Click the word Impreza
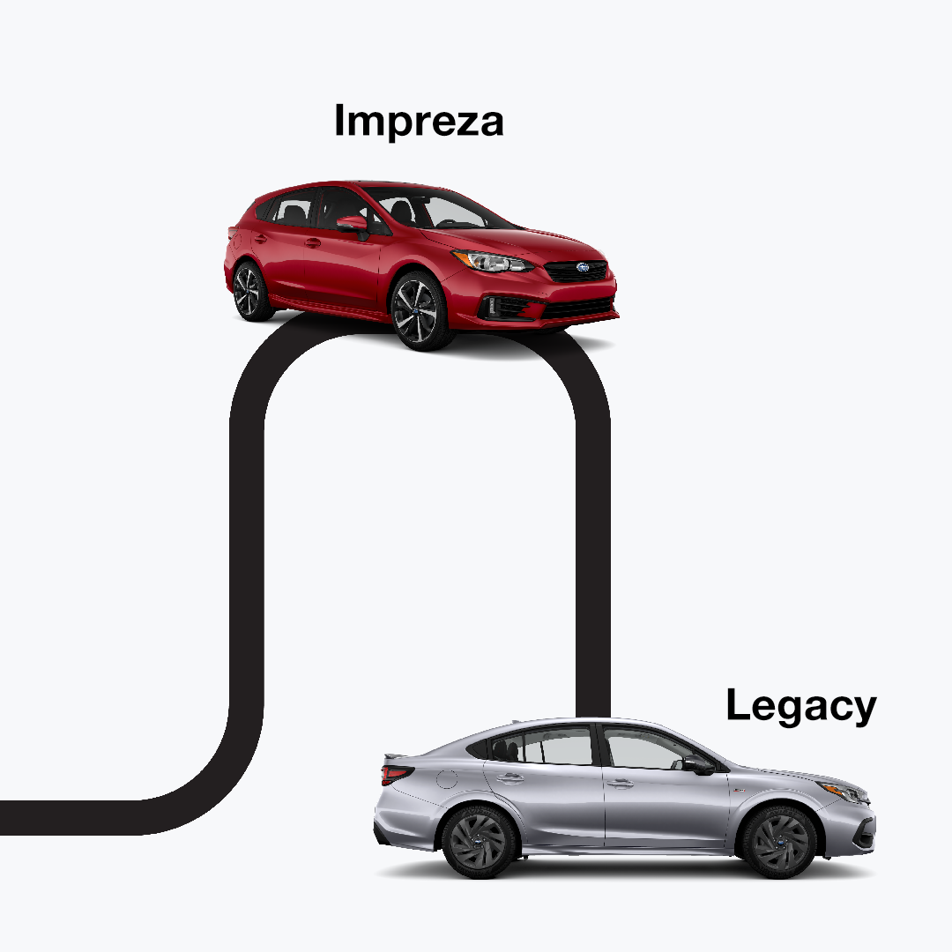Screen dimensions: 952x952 pyautogui.click(x=419, y=120)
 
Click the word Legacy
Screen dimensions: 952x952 pyautogui.click(x=800, y=706)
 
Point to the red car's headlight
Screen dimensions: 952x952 pyautogui.click(x=492, y=261)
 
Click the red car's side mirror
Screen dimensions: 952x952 pyautogui.click(x=352, y=224)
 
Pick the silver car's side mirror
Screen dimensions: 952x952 pyautogui.click(x=697, y=764)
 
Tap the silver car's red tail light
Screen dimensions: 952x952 pyautogui.click(x=396, y=773)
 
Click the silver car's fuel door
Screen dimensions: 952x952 pyautogui.click(x=447, y=780)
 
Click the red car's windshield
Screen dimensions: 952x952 pyautogui.click(x=441, y=210)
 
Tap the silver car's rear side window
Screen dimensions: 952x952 pyautogui.click(x=554, y=747)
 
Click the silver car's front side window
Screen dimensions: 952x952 pyautogui.click(x=642, y=750)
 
